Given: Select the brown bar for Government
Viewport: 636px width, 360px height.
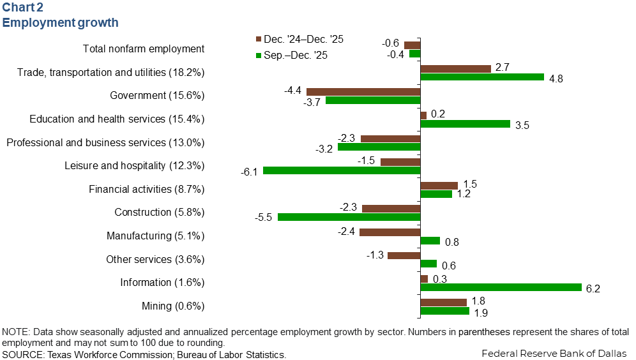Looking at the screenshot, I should tap(363, 92).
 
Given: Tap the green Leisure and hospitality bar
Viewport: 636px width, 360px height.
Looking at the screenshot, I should tap(342, 170).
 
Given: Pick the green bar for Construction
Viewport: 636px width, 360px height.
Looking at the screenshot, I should tap(349, 217).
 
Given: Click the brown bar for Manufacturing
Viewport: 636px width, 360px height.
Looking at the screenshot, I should tap(390, 232).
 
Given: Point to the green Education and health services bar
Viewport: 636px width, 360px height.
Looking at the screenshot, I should tap(465, 124).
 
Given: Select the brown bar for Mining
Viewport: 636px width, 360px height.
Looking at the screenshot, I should tap(443, 302).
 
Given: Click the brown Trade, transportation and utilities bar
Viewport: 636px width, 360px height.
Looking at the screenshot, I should tap(455, 68).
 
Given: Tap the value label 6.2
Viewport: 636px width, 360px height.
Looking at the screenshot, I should tap(593, 289).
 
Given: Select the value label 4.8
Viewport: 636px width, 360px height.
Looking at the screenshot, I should tap(556, 79).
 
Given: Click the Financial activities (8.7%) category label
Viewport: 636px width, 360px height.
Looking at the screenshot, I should tap(146, 189).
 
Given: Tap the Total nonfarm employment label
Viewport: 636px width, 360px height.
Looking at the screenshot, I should tap(144, 49).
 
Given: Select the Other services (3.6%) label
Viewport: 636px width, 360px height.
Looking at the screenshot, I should tap(155, 259).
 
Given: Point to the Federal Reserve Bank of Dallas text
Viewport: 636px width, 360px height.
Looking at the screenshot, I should tap(554, 352).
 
